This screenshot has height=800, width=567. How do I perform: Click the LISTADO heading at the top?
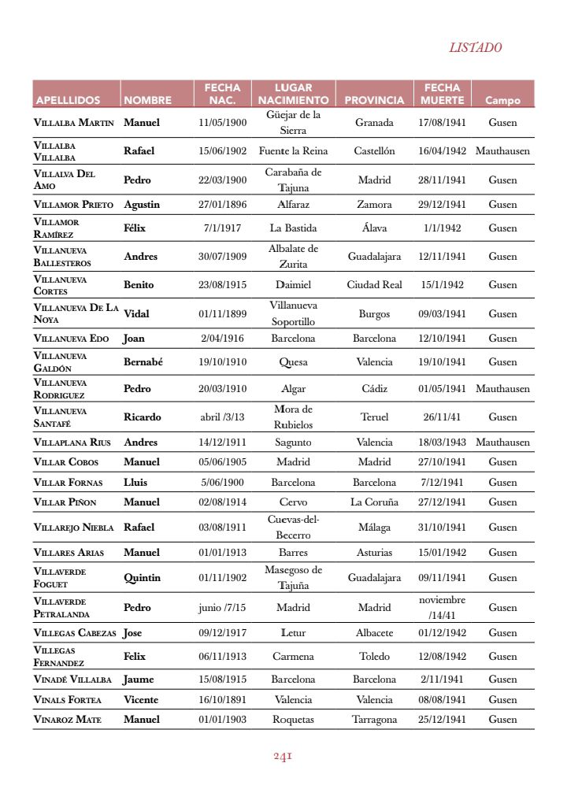pyautogui.click(x=475, y=48)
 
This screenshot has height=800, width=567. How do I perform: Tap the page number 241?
pyautogui.click(x=283, y=757)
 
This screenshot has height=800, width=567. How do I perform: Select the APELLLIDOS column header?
pyautogui.click(x=68, y=101)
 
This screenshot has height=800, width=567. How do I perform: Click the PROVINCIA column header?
pyautogui.click(x=374, y=101)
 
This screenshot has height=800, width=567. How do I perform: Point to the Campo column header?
pyautogui.click(x=502, y=101)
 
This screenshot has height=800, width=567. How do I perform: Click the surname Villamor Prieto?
pyautogui.click(x=74, y=205)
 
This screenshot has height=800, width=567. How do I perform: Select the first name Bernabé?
pyautogui.click(x=143, y=362)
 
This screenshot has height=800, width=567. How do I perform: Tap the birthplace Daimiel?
pyautogui.click(x=293, y=285)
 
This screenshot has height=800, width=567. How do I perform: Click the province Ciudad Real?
pyautogui.click(x=374, y=285)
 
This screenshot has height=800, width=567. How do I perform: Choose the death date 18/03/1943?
pyautogui.click(x=442, y=443)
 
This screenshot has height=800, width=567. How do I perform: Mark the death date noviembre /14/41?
pyautogui.click(x=442, y=608)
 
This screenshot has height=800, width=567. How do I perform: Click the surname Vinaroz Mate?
pyautogui.click(x=68, y=720)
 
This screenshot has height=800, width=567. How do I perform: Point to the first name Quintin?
pyautogui.click(x=142, y=578)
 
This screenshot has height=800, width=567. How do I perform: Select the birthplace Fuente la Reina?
pyautogui.click(x=293, y=151)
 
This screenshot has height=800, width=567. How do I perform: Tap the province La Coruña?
pyautogui.click(x=374, y=502)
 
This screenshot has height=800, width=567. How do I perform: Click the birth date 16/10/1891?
pyautogui.click(x=222, y=700)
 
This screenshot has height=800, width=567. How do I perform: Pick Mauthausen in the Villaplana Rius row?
pyautogui.click(x=502, y=443)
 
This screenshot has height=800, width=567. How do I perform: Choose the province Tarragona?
pyautogui.click(x=374, y=720)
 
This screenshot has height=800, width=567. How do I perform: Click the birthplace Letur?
pyautogui.click(x=293, y=633)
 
